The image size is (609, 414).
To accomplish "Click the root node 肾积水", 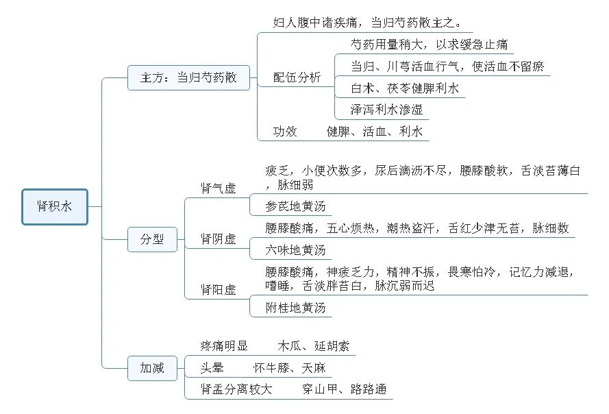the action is (55, 207).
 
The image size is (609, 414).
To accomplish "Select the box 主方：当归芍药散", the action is (189, 77).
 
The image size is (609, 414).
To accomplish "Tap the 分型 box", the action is (152, 239).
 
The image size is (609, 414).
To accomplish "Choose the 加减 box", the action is (152, 368).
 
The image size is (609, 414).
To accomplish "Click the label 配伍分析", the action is (297, 77).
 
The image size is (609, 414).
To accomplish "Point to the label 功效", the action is (285, 132).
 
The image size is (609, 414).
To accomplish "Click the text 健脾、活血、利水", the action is (375, 132).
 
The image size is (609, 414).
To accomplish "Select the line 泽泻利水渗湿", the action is (386, 110).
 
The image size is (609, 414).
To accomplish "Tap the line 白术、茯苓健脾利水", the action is (405, 88).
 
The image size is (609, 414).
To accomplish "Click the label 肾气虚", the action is (219, 188).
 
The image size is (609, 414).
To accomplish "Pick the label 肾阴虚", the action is (219, 239).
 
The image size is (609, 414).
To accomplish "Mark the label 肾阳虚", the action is (219, 290).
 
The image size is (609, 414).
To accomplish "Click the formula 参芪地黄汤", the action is (295, 206).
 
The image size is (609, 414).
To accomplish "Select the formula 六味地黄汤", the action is (295, 250).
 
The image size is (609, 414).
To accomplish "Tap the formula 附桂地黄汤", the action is (295, 308).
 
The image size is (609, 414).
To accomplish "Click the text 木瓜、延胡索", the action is (314, 346).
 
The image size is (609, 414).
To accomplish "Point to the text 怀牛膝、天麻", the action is (289, 368).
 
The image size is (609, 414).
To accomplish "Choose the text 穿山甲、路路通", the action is (344, 389).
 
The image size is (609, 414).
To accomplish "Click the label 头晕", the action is (212, 368).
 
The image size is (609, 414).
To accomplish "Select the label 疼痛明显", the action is (224, 346).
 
